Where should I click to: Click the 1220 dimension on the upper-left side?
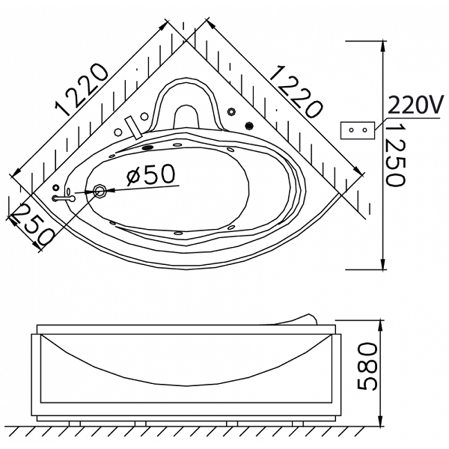(82, 91)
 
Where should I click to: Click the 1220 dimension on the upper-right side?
(296, 91)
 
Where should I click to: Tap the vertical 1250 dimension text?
(394, 155)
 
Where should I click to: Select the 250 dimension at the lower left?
(32, 224)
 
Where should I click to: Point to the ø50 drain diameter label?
(151, 174)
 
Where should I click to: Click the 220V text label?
(415, 105)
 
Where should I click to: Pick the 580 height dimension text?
(367, 367)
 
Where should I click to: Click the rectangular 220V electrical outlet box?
(358, 130)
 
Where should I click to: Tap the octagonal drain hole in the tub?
(100, 190)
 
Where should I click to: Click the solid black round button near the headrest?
(250, 125)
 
